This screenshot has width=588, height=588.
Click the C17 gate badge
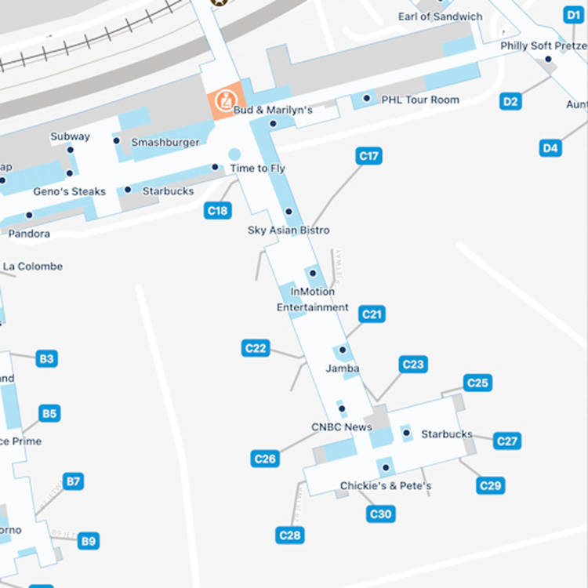368,156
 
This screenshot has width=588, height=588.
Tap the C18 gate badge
218,210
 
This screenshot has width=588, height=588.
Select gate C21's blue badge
372,314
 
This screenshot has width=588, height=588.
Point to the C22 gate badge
256,348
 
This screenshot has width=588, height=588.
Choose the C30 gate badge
380,514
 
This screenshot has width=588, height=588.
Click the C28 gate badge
290,535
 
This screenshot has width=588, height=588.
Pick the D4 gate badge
550,147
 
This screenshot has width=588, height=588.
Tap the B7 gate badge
73,481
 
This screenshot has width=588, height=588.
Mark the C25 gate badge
477,383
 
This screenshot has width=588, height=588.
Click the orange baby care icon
225,100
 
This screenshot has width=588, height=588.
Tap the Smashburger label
165,143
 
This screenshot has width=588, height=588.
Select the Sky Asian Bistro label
289,230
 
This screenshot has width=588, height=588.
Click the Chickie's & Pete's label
385,486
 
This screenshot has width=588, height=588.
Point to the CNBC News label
342,427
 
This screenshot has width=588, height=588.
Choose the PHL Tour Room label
420,100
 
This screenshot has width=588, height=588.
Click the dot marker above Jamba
343,350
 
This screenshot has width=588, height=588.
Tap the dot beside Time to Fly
215,167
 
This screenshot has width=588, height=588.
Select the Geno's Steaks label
69,191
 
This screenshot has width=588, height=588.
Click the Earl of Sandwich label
440,16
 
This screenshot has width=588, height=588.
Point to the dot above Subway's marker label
70,149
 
